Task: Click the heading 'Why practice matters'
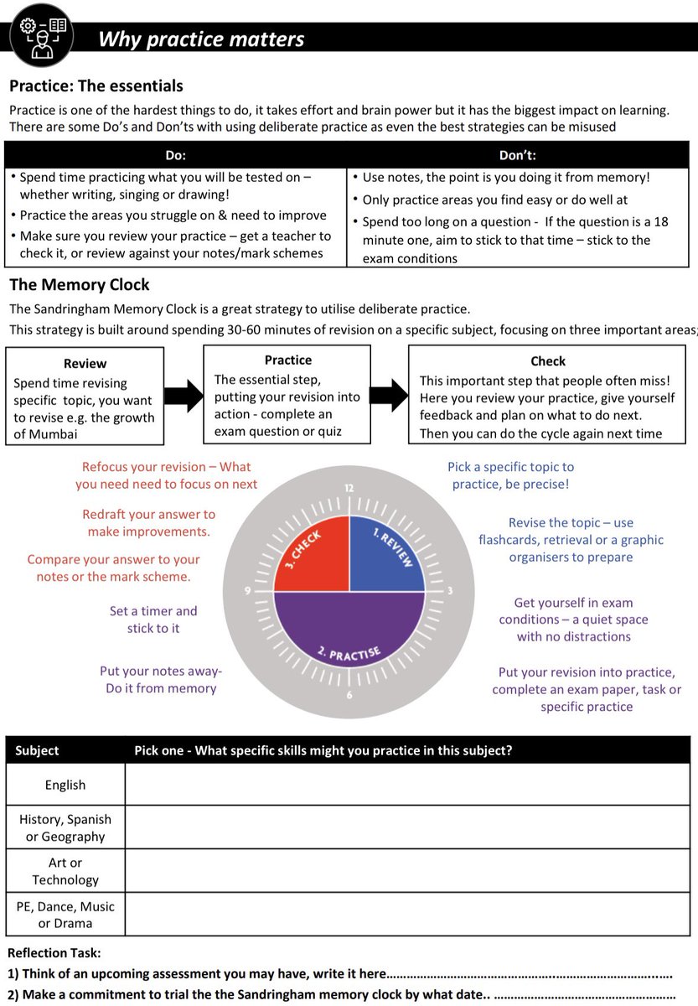[x=201, y=39]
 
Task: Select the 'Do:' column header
[x=175, y=155]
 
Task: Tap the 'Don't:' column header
[x=517, y=155]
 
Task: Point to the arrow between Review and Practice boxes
[x=184, y=395]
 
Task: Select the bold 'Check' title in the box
[x=548, y=361]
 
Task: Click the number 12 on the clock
[x=349, y=488]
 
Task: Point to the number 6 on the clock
[x=349, y=695]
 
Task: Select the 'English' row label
[x=65, y=785]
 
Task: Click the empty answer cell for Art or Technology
[x=406, y=871]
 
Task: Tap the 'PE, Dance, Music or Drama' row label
[x=65, y=915]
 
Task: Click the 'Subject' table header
[x=37, y=750]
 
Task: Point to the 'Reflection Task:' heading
[x=54, y=953]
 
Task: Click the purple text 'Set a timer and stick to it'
[x=153, y=620]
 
